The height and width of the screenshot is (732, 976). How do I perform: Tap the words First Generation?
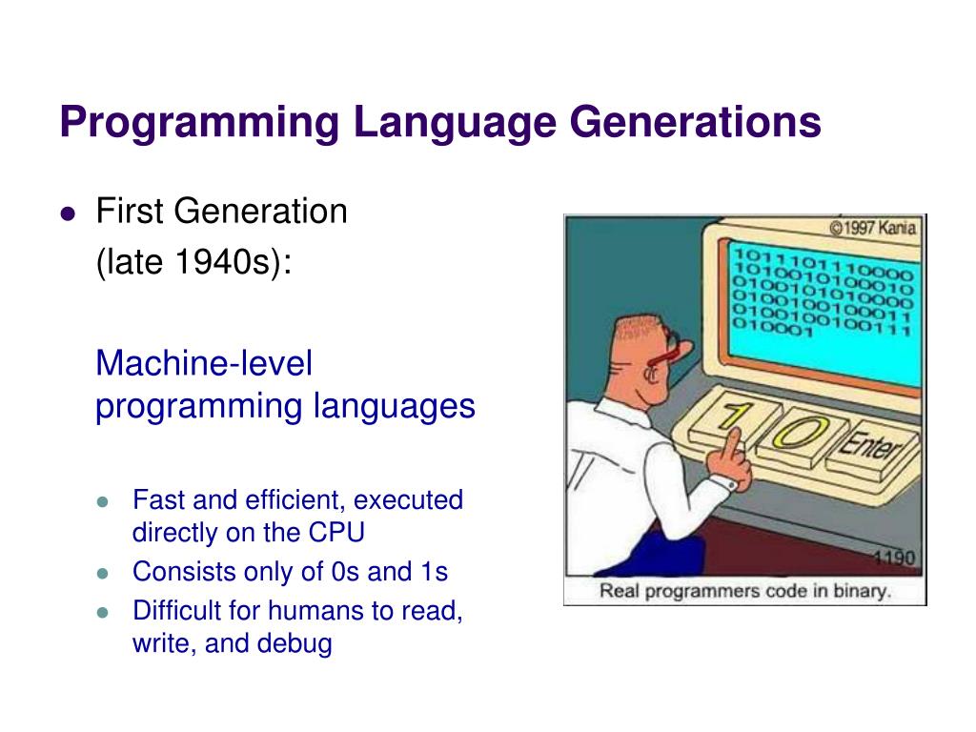221,212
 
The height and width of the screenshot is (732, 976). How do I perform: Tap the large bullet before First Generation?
67,213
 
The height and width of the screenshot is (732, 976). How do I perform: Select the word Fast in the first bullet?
153,500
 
